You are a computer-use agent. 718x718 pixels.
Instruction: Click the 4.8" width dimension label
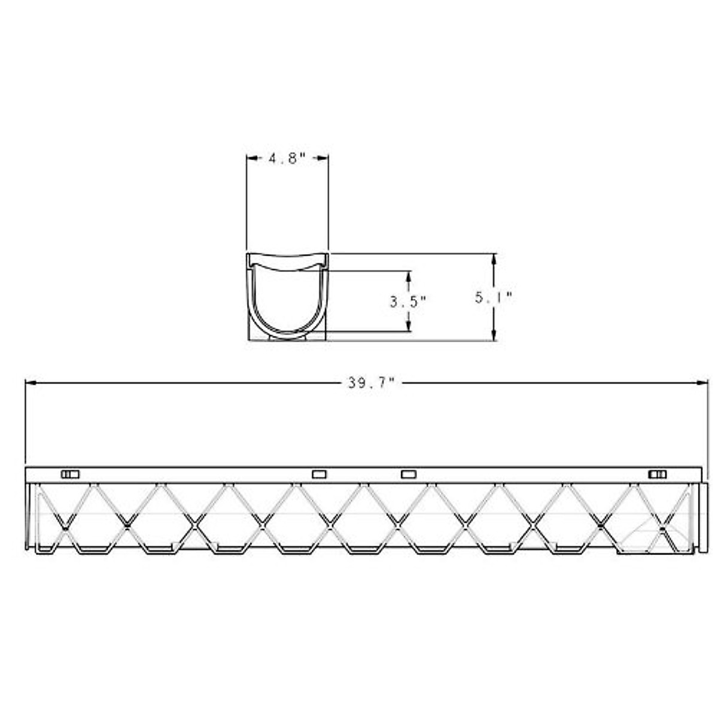pos(287,159)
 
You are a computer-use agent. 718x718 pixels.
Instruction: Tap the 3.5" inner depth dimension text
pos(407,302)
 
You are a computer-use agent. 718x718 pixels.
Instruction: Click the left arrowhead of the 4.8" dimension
pos(252,158)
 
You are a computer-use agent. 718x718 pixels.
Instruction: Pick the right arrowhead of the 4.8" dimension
pos(323,158)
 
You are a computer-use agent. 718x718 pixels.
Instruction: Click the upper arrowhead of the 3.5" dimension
pos(409,276)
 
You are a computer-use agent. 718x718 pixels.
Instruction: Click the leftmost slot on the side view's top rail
pos(70,474)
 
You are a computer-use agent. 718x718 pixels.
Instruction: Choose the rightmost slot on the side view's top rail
pos(658,474)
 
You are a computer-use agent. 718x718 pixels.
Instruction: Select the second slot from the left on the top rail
pos(320,474)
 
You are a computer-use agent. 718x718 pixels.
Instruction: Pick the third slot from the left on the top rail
pos(408,474)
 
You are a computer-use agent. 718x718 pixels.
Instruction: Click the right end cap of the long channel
pos(704,518)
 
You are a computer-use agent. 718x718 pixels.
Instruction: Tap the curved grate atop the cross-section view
pos(288,262)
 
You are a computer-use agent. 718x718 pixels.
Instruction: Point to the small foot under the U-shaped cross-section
pos(287,339)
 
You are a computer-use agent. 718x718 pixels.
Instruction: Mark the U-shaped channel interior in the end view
pos(288,299)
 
